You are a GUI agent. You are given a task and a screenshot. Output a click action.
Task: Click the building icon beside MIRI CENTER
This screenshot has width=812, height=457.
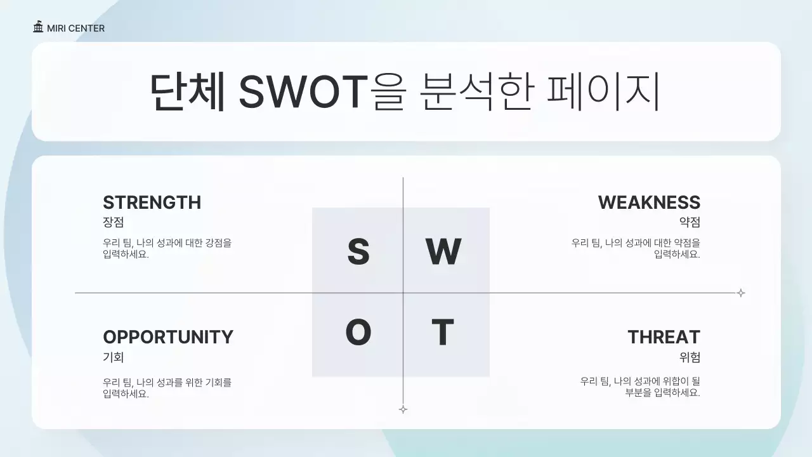[39, 27]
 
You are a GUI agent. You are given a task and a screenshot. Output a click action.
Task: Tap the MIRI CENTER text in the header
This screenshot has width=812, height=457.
[75, 29]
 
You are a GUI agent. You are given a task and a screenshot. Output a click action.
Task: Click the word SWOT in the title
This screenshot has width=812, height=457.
[303, 92]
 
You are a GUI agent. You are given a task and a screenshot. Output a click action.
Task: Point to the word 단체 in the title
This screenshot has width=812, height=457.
[188, 92]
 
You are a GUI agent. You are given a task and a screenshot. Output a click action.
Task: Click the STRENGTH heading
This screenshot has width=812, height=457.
[152, 202]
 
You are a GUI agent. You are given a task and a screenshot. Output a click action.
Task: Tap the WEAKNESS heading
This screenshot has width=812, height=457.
[649, 202]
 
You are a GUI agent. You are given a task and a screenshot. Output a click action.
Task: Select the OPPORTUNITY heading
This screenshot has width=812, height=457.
[168, 337]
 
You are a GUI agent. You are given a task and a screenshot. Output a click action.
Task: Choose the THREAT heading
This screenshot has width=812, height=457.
[664, 337]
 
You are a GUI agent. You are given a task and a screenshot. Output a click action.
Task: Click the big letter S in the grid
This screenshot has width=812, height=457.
[358, 252]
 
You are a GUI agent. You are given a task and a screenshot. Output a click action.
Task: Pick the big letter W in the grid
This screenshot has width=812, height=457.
[443, 252]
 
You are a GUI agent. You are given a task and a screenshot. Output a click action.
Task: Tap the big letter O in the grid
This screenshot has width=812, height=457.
[358, 333]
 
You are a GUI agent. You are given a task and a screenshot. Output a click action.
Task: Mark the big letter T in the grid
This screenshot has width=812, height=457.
[442, 333]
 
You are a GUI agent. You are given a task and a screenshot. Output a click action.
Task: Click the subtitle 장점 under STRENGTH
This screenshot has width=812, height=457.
[113, 222]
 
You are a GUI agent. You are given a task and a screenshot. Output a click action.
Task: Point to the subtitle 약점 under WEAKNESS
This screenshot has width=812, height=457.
[690, 222]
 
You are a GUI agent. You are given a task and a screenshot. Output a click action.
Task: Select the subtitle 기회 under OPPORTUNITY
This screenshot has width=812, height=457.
[113, 357]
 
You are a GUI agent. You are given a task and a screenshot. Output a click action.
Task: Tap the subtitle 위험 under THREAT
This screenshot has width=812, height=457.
[690, 357]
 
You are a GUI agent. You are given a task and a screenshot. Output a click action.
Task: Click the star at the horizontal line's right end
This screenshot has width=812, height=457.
[740, 293]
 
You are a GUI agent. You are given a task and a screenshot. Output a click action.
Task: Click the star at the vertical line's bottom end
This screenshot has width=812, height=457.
[403, 409]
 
